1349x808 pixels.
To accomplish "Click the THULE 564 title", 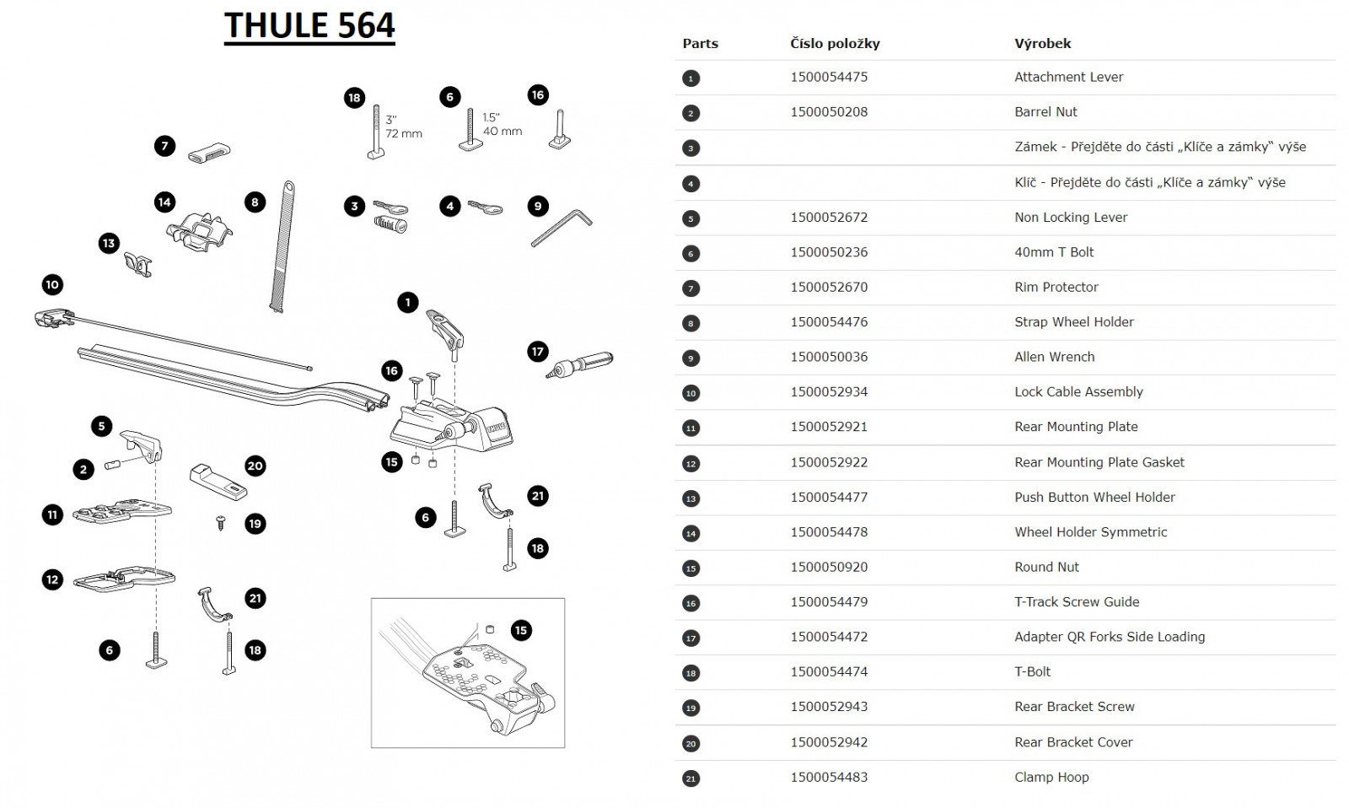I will point(309,25).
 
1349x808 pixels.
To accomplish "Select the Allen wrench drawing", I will point(561,228).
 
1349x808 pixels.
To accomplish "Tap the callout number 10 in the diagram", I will point(52,284).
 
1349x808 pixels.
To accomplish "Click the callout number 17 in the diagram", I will point(538,352).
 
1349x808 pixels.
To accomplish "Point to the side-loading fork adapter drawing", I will point(581,364).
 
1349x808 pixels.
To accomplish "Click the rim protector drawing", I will point(209,153).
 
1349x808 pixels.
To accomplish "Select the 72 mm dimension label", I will point(404,133).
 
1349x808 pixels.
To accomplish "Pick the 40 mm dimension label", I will point(503,131).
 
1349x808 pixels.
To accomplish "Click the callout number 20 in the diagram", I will point(255,466).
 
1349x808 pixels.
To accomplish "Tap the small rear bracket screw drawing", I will point(221,523).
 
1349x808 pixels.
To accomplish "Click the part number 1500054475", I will point(829,77).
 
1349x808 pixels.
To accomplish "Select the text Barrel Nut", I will point(1045,111).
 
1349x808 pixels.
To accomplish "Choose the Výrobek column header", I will point(1042,43).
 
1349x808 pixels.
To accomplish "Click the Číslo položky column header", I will point(835,43).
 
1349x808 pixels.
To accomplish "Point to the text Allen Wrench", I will point(1054,357).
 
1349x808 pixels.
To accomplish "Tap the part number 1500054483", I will point(829,777).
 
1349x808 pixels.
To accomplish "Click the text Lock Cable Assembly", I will point(1078,391).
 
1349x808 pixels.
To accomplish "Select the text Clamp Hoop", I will point(1051,777).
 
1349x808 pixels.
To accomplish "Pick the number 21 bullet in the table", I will point(691,778).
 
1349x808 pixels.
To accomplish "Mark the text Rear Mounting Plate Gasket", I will point(1099,462).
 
